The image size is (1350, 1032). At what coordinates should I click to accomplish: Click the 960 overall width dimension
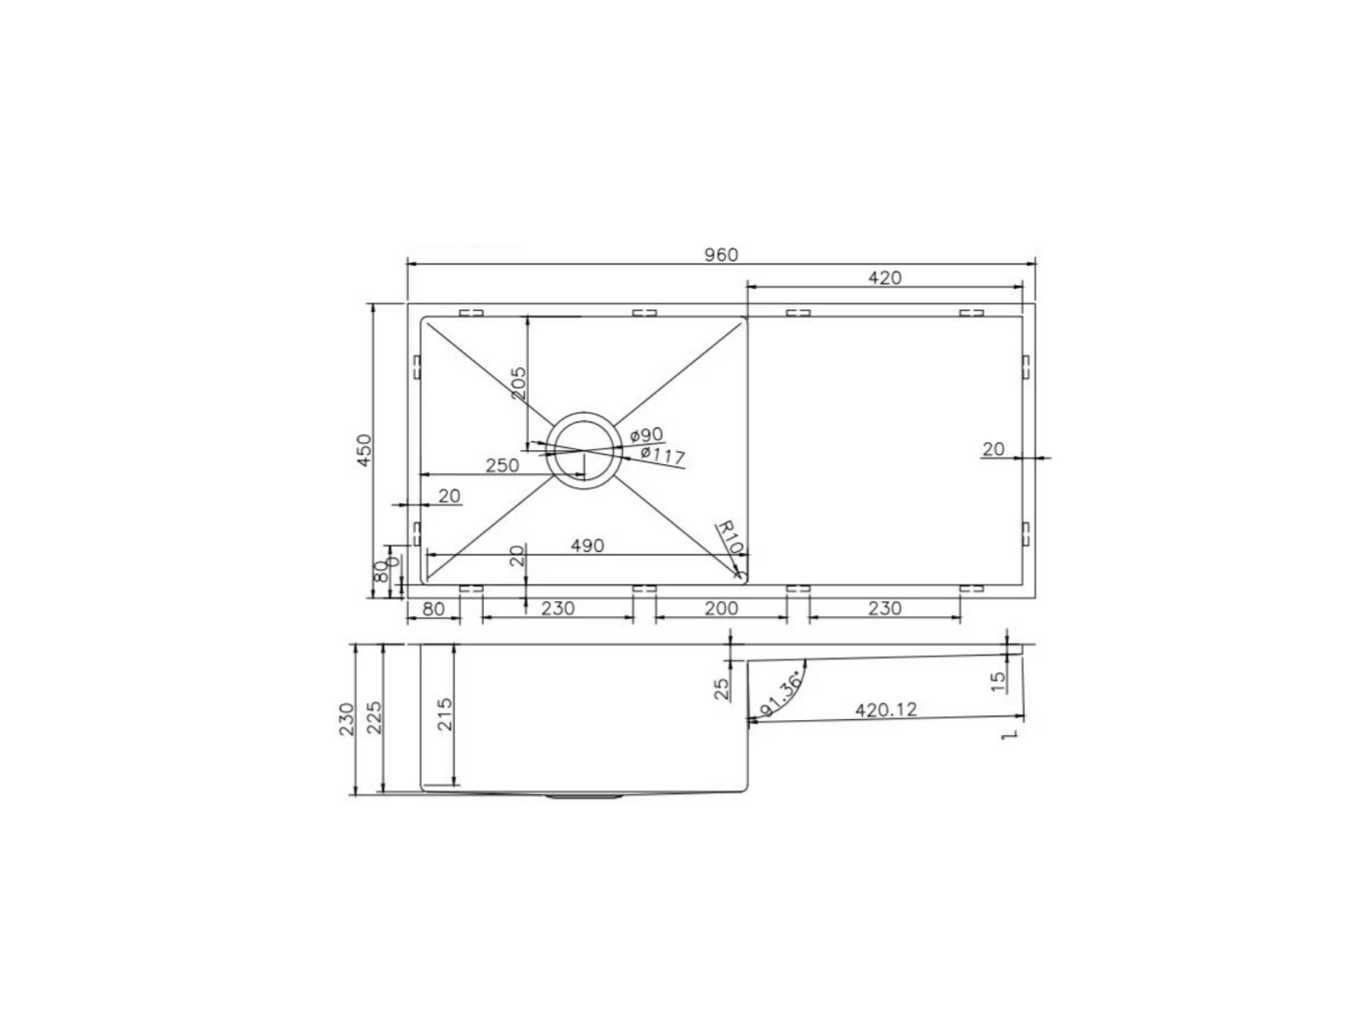[x=721, y=254]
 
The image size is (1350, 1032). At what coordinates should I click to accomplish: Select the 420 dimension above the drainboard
[x=885, y=277]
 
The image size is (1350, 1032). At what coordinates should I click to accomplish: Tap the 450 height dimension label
[x=364, y=450]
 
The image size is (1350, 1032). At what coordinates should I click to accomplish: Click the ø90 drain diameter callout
[x=647, y=435]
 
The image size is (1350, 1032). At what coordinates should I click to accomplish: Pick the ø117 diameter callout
[x=662, y=456]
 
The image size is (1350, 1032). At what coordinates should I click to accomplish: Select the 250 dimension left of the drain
[x=503, y=465]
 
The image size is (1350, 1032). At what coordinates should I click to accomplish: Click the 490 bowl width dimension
[x=588, y=545]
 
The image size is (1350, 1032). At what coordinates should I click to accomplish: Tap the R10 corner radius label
[x=730, y=537]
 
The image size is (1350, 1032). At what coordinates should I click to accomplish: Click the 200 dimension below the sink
[x=721, y=609]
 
